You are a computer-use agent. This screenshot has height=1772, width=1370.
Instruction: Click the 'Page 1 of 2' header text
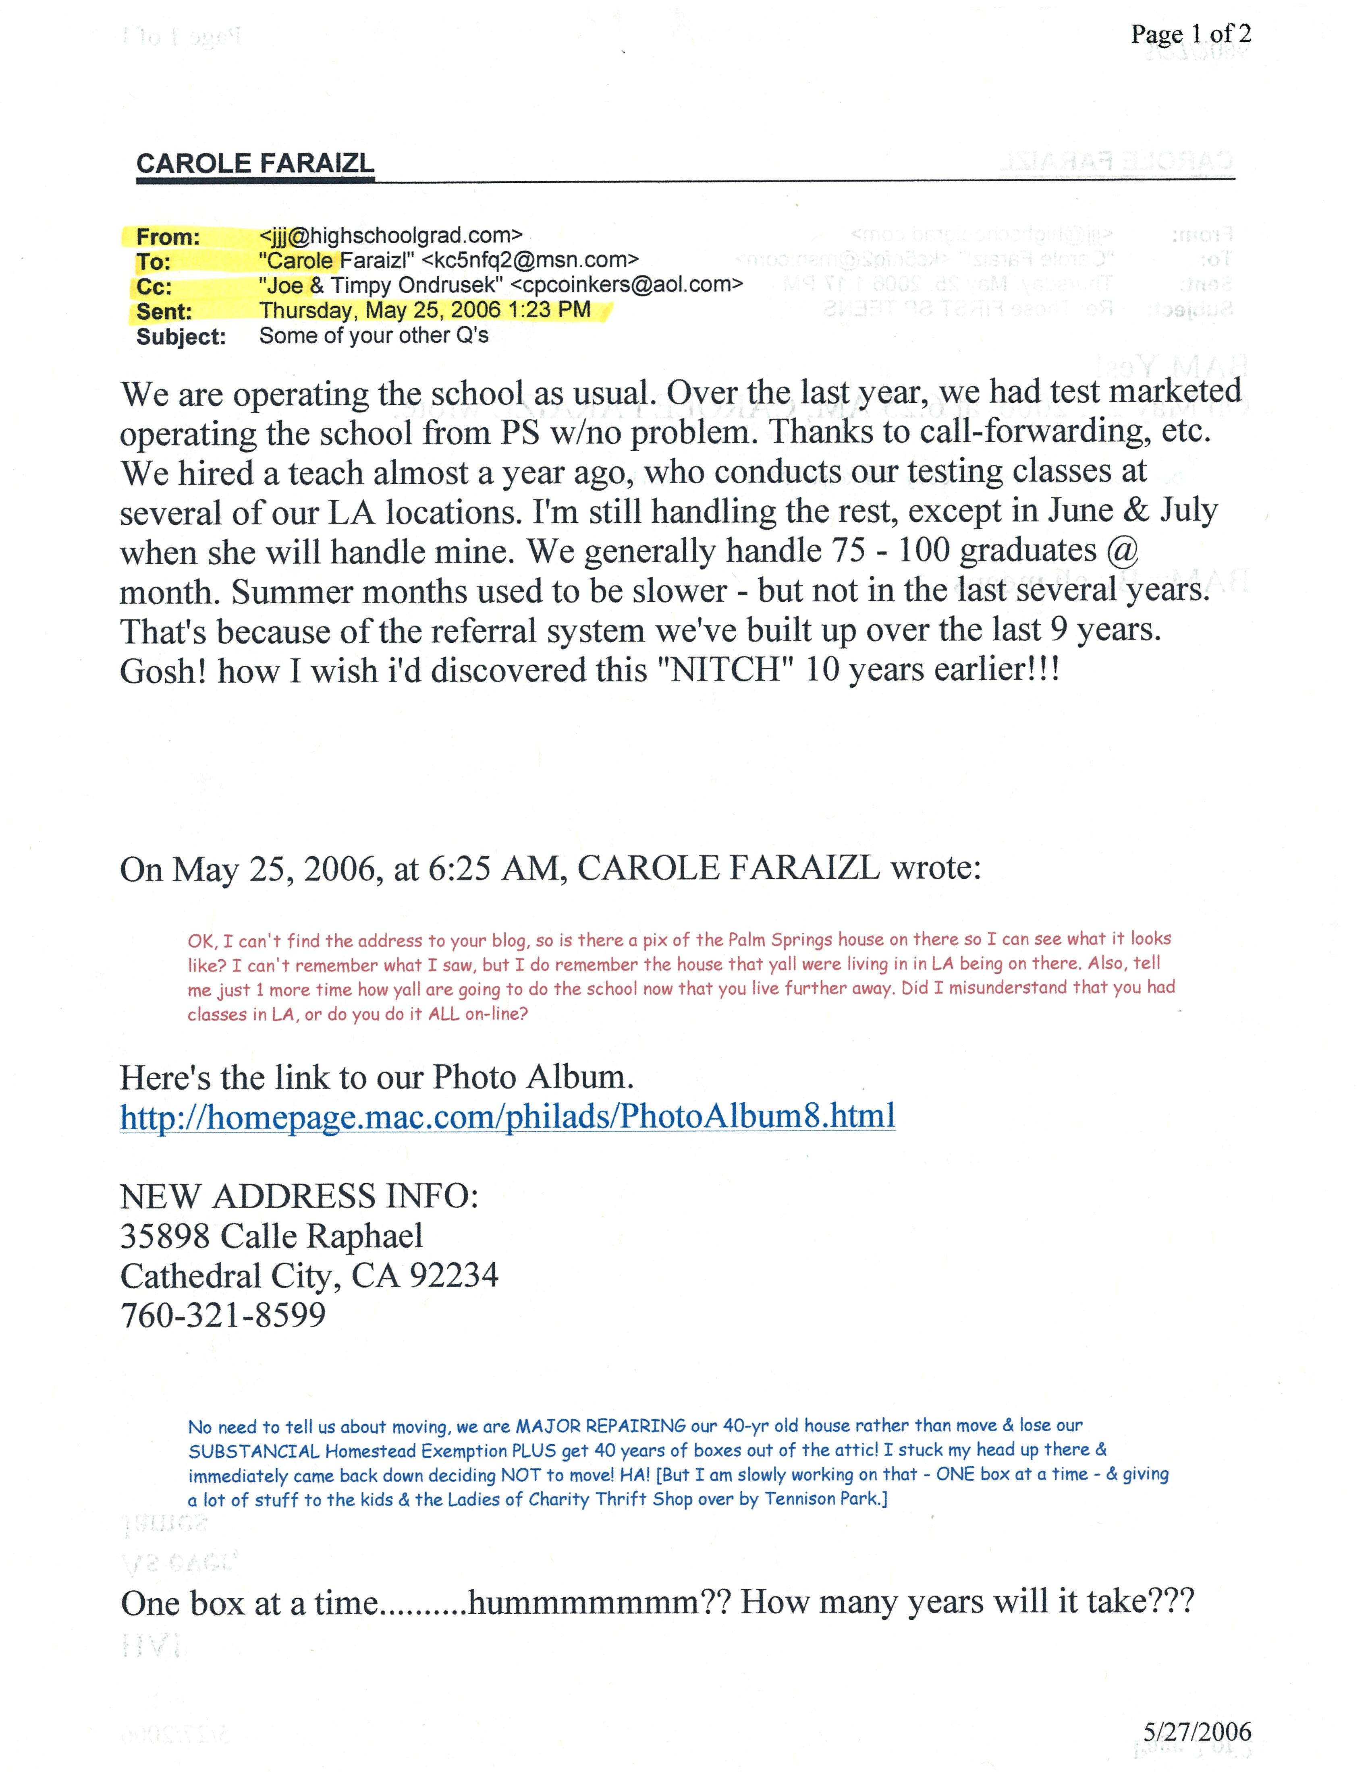[1191, 34]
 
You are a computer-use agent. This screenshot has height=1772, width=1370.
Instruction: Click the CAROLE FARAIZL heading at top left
[255, 163]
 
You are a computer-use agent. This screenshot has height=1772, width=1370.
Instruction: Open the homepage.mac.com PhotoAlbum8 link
[507, 1116]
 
